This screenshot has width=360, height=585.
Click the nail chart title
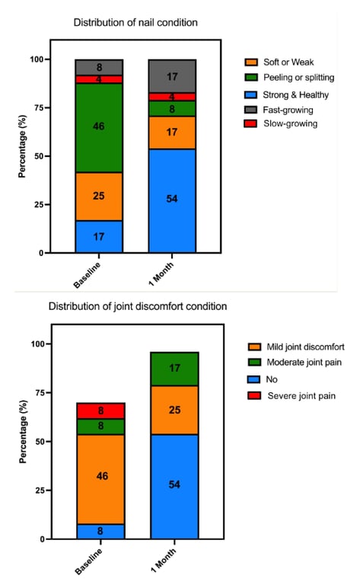click(135, 23)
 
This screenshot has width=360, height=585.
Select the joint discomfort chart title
click(138, 306)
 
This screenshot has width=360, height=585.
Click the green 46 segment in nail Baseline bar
click(99, 128)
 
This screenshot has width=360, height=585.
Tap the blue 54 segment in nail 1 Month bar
click(172, 201)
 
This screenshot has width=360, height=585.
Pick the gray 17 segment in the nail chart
click(172, 76)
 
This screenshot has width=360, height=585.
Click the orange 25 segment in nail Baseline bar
click(99, 197)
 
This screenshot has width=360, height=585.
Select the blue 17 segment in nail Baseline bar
click(99, 237)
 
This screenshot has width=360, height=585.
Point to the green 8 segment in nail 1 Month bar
click(172, 109)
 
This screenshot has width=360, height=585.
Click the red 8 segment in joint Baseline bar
click(100, 411)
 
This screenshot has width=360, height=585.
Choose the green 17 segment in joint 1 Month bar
click(174, 369)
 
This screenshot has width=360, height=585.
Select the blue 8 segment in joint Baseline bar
click(100, 531)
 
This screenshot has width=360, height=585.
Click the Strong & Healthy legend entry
click(286, 94)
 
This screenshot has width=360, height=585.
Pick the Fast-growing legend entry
click(279, 110)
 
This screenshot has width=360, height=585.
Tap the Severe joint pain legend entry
click(292, 395)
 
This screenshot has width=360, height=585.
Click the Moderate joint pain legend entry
click(295, 362)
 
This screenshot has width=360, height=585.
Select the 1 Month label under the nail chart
click(161, 274)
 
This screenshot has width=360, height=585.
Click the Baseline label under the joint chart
click(88, 561)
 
